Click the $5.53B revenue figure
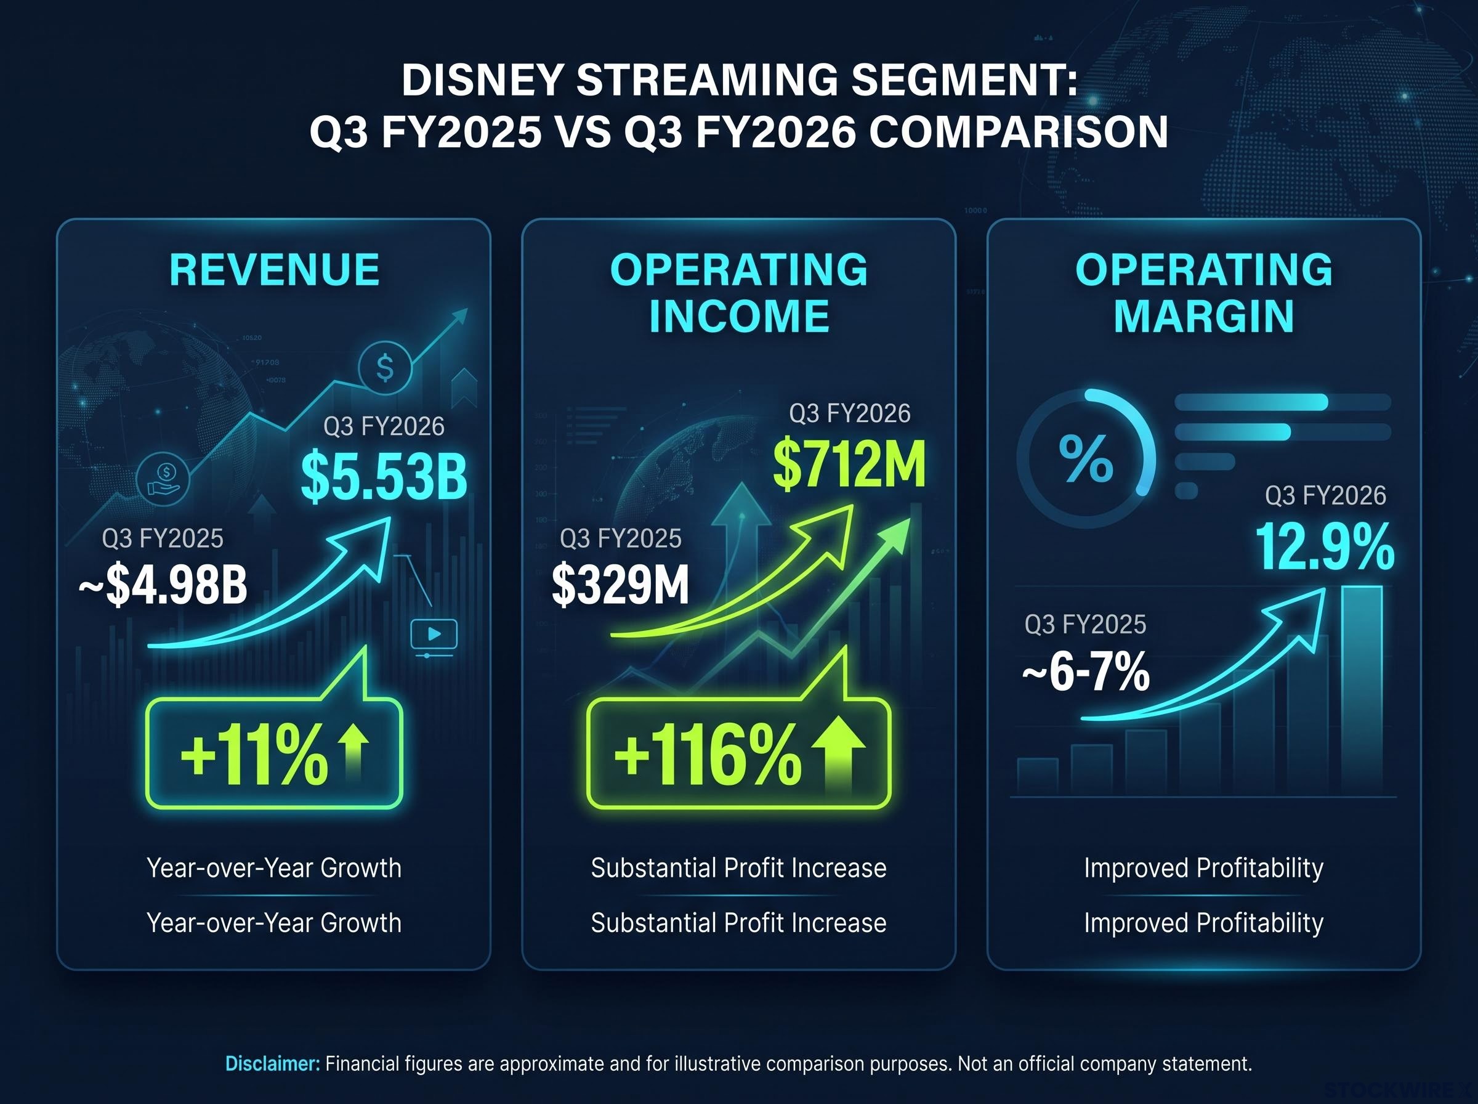[384, 476]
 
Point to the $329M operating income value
[621, 585]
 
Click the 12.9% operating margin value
[1325, 546]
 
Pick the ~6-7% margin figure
[1086, 672]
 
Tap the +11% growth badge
[275, 754]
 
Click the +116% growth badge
[738, 754]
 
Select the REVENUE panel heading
[275, 270]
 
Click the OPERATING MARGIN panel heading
[1203, 293]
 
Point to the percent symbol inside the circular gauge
[1086, 458]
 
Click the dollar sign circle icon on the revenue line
[385, 367]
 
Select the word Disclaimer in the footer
[272, 1064]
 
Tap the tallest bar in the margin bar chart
[1362, 691]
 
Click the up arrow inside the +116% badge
[839, 754]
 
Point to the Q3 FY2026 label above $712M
[849, 413]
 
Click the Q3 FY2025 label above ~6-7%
[1085, 624]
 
